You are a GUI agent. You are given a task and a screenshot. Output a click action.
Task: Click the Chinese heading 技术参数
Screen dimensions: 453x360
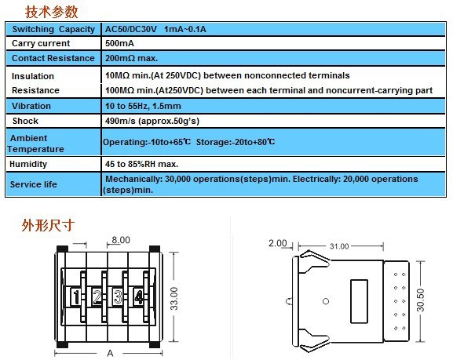pyautogui.click(x=52, y=12)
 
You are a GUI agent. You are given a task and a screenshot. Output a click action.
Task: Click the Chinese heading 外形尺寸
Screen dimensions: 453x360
pyautogui.click(x=48, y=225)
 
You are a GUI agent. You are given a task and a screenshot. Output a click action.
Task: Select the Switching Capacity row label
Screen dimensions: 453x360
pyautogui.click(x=53, y=29)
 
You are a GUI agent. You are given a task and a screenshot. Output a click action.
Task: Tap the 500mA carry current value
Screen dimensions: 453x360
pyautogui.click(x=119, y=43)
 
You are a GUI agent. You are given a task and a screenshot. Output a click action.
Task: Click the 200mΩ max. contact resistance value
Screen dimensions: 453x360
pyautogui.click(x=131, y=58)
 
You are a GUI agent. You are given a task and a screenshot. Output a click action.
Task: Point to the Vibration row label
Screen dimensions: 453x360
pyautogui.click(x=31, y=106)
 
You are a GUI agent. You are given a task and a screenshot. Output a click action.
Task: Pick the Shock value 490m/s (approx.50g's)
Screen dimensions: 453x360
pyautogui.click(x=152, y=121)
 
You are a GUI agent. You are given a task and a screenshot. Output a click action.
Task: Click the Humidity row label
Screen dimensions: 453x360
pyautogui.click(x=28, y=164)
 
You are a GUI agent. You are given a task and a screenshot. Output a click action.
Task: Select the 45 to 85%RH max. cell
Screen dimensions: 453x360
pyautogui.click(x=141, y=164)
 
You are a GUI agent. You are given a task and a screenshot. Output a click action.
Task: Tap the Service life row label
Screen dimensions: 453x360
pyautogui.click(x=34, y=184)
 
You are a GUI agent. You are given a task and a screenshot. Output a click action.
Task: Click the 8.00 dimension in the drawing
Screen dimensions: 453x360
pyautogui.click(x=121, y=240)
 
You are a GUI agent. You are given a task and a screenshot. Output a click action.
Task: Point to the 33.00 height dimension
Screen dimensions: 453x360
pyautogui.click(x=174, y=299)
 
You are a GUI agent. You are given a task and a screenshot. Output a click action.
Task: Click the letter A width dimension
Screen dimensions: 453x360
pyautogui.click(x=110, y=353)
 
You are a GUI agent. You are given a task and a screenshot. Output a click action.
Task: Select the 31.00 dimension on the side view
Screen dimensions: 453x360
pyautogui.click(x=339, y=246)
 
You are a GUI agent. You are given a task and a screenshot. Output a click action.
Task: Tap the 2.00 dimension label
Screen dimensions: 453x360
pyautogui.click(x=278, y=243)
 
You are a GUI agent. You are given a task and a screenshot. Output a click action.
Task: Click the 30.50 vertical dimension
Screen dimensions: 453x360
pyautogui.click(x=421, y=300)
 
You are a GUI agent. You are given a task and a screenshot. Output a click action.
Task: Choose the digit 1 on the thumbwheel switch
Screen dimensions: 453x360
pyautogui.click(x=76, y=297)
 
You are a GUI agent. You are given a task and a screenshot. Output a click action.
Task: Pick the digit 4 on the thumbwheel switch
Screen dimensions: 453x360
pyautogui.click(x=139, y=297)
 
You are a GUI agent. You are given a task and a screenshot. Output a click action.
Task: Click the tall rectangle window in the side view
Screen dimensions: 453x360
pyautogui.click(x=359, y=301)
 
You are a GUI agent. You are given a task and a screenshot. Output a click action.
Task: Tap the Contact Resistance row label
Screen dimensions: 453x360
pyautogui.click(x=53, y=58)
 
